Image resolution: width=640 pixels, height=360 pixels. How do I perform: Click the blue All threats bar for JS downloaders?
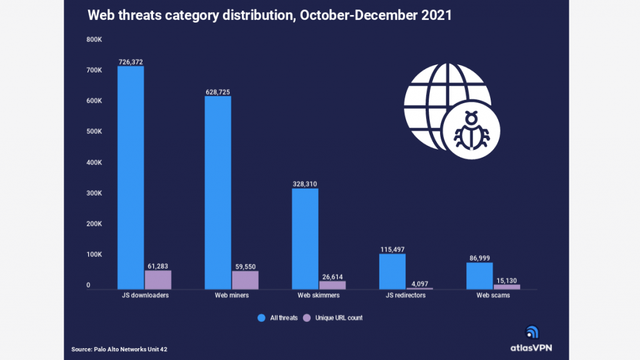tap(131, 178)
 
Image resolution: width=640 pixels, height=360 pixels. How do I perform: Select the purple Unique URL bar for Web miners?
tap(245, 281)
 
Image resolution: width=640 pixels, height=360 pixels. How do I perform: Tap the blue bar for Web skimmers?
tap(305, 239)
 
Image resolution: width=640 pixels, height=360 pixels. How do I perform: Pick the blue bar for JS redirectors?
tap(392, 272)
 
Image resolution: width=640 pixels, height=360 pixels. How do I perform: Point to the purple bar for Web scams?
tap(507, 287)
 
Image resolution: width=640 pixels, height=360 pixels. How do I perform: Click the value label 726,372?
tap(131, 62)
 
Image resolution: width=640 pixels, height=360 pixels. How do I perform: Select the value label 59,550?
tap(245, 267)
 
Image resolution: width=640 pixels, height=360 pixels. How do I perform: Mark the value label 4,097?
tap(419, 284)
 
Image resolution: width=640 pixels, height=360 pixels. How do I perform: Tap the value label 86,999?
tap(479, 258)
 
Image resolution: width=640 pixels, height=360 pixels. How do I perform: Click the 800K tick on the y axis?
tap(94, 39)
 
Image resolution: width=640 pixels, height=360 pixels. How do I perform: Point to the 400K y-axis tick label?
tap(94, 162)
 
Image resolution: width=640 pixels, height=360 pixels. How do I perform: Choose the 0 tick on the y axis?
tap(88, 285)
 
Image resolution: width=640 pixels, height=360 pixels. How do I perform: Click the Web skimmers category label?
tap(318, 295)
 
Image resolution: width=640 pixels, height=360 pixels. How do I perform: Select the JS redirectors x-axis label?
tap(406, 295)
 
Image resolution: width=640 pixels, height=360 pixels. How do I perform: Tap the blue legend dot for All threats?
tap(262, 318)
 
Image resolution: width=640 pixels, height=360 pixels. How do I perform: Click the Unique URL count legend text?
tap(339, 318)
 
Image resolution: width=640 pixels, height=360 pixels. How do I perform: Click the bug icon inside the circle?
tap(471, 130)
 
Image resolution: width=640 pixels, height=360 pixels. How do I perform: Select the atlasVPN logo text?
tap(531, 347)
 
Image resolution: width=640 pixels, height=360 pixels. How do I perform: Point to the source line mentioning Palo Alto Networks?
tap(119, 349)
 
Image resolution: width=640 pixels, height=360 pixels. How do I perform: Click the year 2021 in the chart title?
tap(436, 16)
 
